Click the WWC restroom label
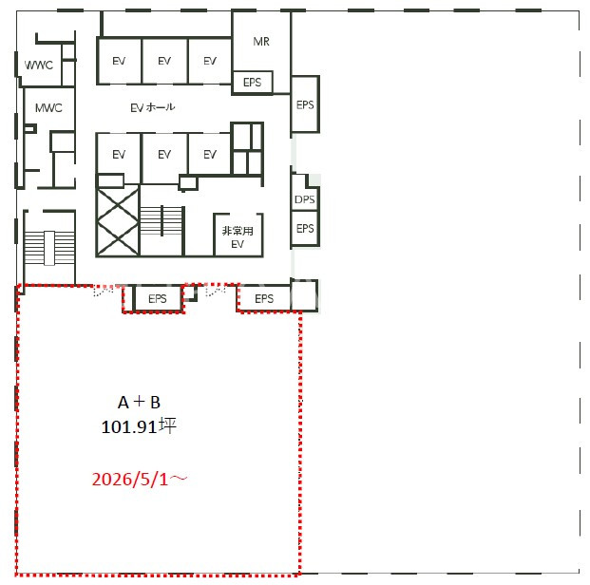(39, 66)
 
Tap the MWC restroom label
(48, 108)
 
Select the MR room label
(261, 42)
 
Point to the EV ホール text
(152, 107)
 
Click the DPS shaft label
(304, 199)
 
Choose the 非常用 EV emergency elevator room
(238, 236)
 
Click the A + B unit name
(140, 402)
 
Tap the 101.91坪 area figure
(139, 426)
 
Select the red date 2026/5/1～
(140, 479)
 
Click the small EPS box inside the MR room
(252, 82)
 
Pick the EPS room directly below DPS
(305, 228)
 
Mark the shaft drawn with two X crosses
(118, 222)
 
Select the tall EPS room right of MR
(305, 104)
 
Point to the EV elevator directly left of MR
(210, 61)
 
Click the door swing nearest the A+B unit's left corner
(104, 290)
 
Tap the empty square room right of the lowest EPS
(304, 295)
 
